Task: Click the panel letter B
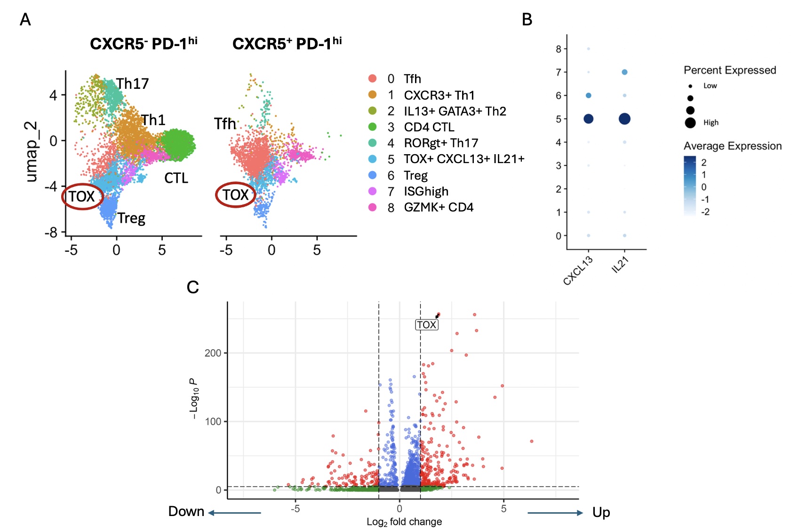[527, 20]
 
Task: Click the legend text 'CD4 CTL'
[429, 127]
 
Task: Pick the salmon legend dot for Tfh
[372, 78]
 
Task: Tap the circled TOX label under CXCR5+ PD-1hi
[235, 195]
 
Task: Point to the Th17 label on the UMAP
[132, 84]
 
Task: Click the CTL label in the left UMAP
[176, 178]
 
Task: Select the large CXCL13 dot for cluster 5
[588, 119]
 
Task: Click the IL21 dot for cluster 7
[624, 72]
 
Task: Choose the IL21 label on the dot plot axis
[620, 265]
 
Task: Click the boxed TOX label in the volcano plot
[426, 325]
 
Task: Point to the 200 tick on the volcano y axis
[213, 353]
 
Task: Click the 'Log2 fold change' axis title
[404, 522]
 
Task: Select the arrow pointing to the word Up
[555, 513]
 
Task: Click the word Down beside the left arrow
[186, 511]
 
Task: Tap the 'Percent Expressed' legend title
[730, 70]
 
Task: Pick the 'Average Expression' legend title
[733, 146]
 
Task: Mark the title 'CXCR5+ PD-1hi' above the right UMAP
[287, 44]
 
